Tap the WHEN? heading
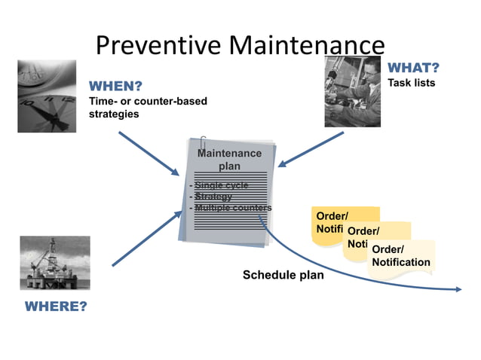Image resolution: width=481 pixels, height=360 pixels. click(116, 86)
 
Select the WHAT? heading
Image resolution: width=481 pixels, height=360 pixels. click(413, 68)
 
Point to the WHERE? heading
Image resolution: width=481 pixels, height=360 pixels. click(56, 307)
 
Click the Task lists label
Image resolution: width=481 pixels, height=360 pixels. click(411, 83)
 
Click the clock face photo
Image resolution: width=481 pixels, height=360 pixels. click(47, 96)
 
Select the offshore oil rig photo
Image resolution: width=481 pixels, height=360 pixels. click(54, 263)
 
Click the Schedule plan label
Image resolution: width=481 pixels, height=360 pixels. click(283, 275)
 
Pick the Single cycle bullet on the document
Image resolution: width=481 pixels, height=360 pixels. click(220, 185)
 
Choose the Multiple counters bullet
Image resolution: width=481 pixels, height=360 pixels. click(232, 207)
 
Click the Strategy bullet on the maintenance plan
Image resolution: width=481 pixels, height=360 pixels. click(215, 197)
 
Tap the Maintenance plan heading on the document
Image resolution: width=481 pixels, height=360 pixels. click(229, 159)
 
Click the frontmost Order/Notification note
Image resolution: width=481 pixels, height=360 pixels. click(401, 256)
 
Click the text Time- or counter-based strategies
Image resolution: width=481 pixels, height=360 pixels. click(148, 107)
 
